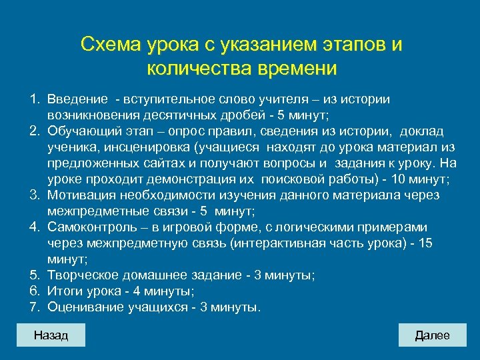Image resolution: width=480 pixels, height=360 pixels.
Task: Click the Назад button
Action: click(x=51, y=335)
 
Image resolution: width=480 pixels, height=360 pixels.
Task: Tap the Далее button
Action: click(x=432, y=335)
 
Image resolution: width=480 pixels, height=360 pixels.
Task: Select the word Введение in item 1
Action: click(x=77, y=99)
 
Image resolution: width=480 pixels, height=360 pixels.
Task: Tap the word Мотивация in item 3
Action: click(x=80, y=195)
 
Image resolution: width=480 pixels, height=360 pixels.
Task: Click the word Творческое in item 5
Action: click(x=84, y=275)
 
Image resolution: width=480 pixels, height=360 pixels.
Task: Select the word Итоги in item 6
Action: click(x=65, y=291)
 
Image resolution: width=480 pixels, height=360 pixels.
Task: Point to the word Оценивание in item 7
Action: click(x=85, y=307)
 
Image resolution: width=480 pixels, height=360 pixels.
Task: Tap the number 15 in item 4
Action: click(x=425, y=243)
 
